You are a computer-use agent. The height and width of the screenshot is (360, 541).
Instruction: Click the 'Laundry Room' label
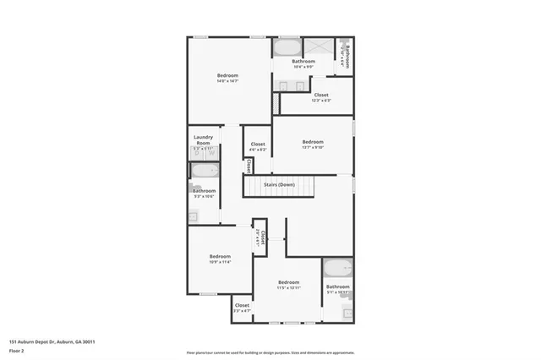point(203,139)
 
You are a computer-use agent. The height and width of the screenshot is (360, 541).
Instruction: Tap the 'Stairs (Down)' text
point(279,184)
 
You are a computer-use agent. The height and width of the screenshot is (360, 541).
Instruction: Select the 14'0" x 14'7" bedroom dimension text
point(227,82)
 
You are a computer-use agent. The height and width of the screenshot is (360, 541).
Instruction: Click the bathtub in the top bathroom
point(287,46)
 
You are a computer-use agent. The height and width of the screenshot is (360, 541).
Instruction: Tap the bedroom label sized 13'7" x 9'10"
point(313,145)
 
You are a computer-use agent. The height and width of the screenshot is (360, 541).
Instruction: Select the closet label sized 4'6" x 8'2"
point(258,147)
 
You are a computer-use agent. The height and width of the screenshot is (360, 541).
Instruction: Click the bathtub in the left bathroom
point(204,172)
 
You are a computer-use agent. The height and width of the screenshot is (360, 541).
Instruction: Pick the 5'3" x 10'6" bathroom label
point(204,194)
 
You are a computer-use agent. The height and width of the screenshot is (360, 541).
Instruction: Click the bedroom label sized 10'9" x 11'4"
point(220,259)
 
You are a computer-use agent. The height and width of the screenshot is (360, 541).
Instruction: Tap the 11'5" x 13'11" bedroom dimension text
point(288,285)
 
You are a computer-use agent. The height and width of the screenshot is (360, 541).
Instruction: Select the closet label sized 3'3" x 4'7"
point(242,308)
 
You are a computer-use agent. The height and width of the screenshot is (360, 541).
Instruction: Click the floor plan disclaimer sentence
point(270,353)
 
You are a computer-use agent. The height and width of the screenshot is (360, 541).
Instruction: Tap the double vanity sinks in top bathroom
point(292,85)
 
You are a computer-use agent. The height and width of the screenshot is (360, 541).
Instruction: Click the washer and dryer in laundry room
point(203,154)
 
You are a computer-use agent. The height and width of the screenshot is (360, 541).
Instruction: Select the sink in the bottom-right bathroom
point(347,314)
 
